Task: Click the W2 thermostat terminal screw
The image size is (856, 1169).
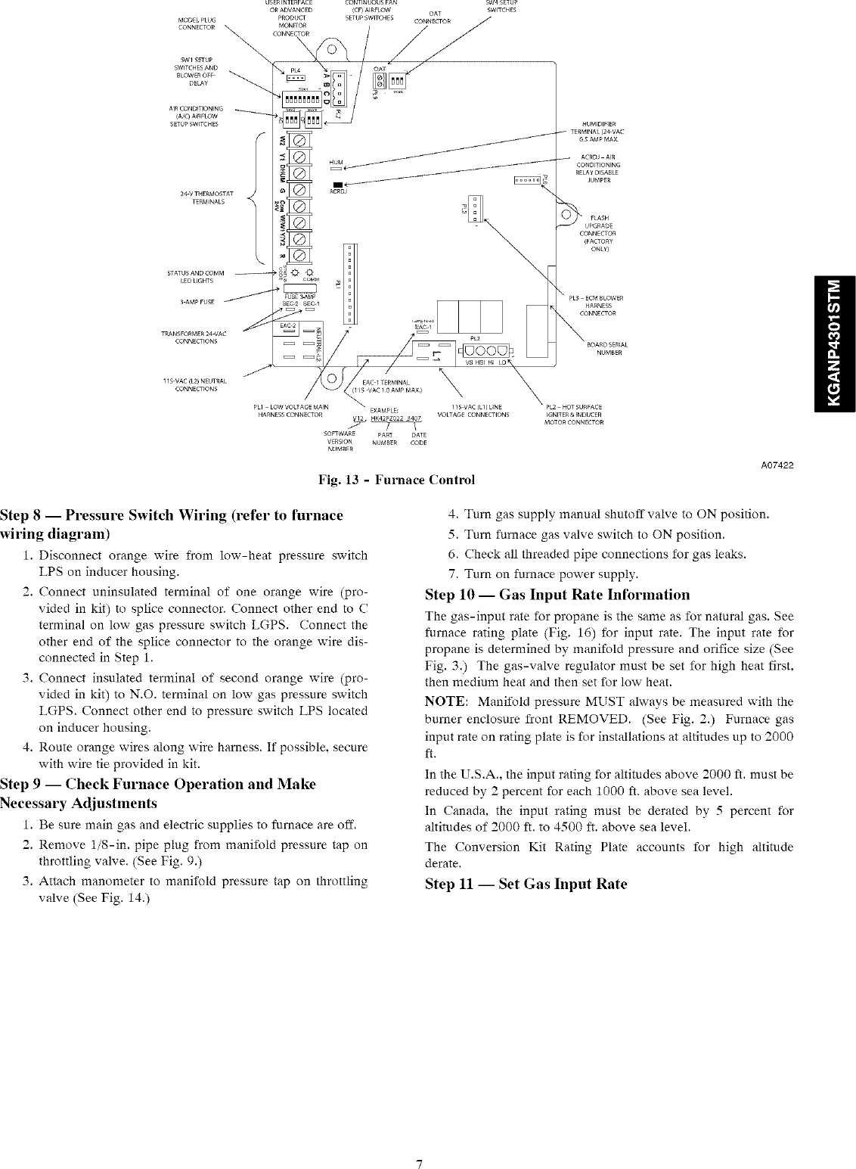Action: tap(298, 141)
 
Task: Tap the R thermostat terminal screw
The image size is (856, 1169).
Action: tap(298, 254)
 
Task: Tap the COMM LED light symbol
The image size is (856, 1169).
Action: tap(307, 274)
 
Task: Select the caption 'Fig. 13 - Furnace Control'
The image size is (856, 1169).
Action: tap(398, 480)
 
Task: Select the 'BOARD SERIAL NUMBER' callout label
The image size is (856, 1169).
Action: tap(608, 349)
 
